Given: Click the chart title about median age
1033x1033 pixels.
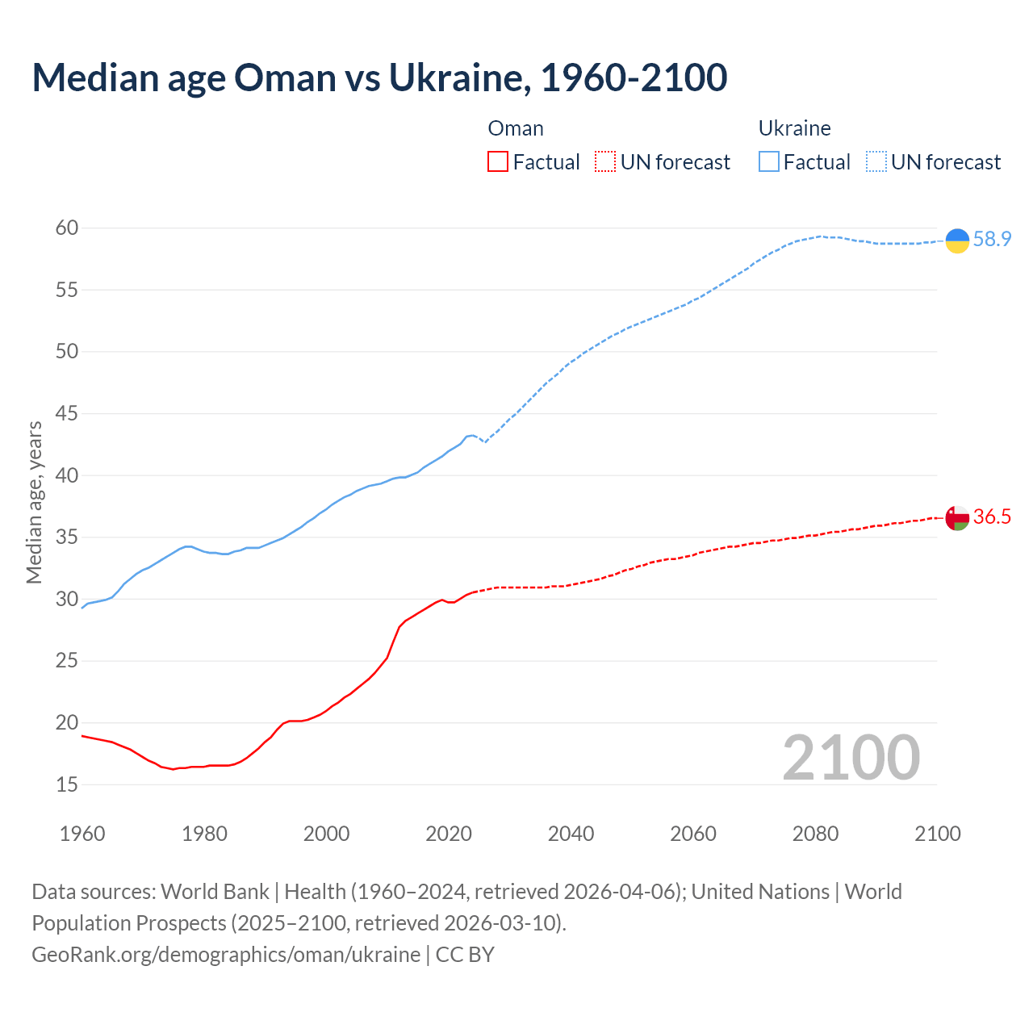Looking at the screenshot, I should pos(379,77).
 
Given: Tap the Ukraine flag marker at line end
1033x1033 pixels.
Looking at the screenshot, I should pos(957,240).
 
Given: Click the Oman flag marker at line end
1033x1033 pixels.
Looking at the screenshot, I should pos(957,518).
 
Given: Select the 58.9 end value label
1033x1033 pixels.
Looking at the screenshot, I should pos(992,239).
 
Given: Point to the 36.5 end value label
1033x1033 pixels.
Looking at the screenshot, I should pos(992,516).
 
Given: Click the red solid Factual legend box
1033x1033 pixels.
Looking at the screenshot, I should pos(498,161).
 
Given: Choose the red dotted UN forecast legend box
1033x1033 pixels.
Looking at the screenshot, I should pos(605,161).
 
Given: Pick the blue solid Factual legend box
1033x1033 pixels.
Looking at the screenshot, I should pos(768,161).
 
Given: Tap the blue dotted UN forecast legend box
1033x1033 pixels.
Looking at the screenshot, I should pos(876,161).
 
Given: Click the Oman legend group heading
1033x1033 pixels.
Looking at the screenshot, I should pos(516,128).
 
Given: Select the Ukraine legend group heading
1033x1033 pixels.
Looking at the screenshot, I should pos(794,128).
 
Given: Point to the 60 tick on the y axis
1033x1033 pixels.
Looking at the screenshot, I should pos(67,228).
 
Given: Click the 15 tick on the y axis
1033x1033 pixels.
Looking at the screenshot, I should pos(67,784).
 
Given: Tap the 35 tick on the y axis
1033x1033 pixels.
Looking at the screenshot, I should pos(67,537).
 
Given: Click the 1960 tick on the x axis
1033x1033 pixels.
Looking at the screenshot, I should pos(82,834).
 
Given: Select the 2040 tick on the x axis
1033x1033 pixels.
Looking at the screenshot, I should pos(571,834).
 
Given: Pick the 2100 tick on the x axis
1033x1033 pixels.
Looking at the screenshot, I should pos(938,834).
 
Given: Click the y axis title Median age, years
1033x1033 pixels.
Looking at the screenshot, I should pos(34,502).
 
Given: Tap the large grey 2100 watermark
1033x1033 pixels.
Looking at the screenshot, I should pos(851,757).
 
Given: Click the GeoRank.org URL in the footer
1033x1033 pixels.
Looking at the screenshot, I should pos(226,955).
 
